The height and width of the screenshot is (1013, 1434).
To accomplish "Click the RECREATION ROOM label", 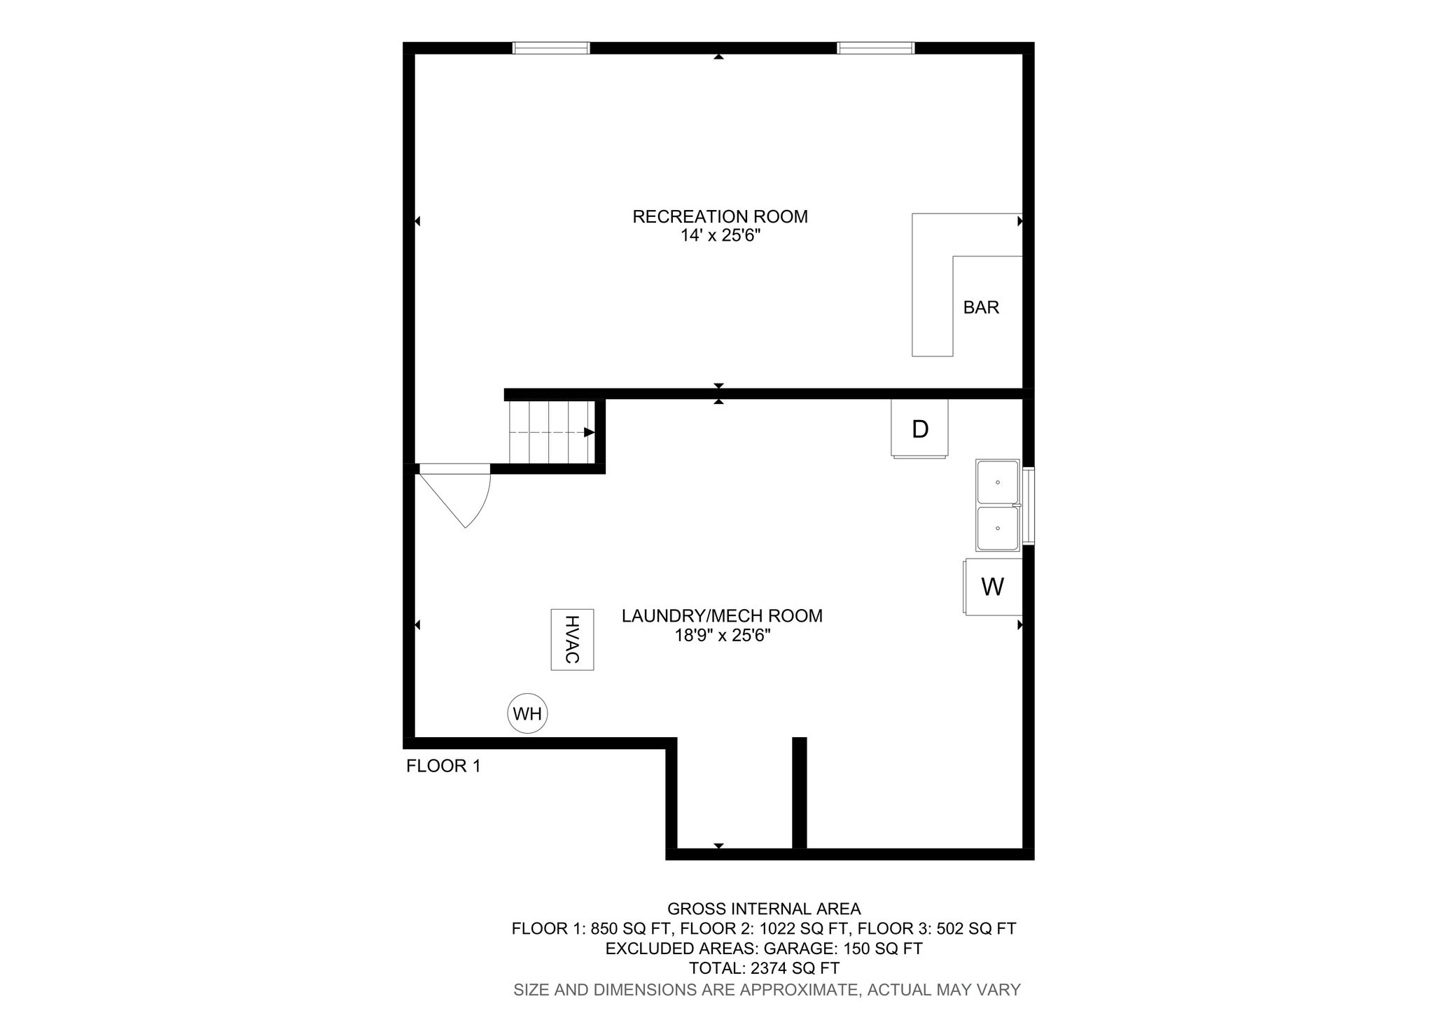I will click(x=720, y=217).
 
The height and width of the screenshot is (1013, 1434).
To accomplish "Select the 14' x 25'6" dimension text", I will click(x=720, y=237).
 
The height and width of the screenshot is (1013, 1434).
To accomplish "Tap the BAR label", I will click(x=980, y=307).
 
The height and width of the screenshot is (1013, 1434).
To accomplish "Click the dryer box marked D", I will click(x=919, y=428).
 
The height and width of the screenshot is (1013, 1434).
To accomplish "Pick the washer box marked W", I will click(x=992, y=587).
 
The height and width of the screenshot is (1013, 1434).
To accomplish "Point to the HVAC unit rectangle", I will click(x=572, y=639).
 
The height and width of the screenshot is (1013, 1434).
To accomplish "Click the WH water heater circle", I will click(x=527, y=714).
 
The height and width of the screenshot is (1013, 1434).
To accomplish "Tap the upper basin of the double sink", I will click(x=998, y=482).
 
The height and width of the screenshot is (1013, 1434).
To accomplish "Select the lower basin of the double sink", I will click(x=998, y=528).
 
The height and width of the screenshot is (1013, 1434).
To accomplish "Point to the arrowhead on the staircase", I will click(x=589, y=433).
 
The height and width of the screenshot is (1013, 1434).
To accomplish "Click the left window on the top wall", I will click(x=551, y=48).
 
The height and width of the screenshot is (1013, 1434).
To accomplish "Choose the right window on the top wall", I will click(x=875, y=48).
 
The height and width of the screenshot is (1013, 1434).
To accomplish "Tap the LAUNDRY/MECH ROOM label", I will click(x=722, y=616).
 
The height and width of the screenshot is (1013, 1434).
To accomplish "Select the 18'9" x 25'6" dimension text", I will click(x=722, y=636).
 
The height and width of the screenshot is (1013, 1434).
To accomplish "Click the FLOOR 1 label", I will click(x=443, y=767).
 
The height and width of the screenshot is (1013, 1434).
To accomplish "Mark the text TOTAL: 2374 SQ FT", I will click(x=764, y=969).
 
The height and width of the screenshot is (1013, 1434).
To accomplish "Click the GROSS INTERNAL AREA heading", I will click(x=764, y=909).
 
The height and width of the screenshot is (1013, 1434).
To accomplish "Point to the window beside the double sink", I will click(x=1028, y=505).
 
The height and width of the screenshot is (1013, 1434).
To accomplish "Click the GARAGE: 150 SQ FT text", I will click(x=842, y=949).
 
